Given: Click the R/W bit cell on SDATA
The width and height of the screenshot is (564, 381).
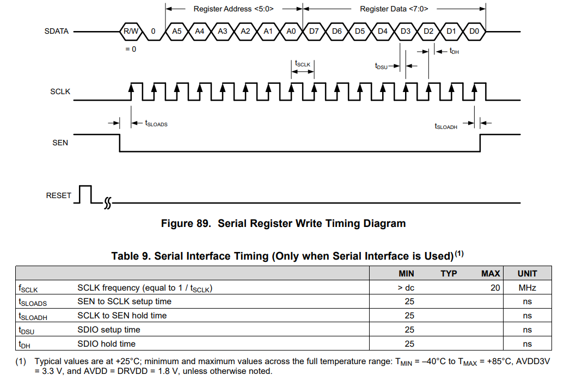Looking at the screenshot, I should [131, 31].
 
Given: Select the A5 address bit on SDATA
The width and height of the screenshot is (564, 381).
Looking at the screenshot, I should [176, 31].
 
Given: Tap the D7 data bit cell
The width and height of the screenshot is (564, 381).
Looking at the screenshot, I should [314, 31].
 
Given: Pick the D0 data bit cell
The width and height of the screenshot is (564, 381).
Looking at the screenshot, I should [474, 31].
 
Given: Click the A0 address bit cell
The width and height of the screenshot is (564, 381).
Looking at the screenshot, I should [291, 31].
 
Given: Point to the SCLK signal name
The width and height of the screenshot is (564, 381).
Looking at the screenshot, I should [60, 92].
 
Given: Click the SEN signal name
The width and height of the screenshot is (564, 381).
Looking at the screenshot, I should [60, 143].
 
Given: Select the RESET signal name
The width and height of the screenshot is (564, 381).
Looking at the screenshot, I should [59, 195].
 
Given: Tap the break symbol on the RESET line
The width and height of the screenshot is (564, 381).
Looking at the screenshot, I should [107, 204].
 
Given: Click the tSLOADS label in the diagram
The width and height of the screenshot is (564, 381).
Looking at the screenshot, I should [156, 124].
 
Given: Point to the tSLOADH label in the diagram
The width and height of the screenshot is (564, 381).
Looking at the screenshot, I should [446, 126].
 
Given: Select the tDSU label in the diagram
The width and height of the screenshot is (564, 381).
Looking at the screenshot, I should [381, 66].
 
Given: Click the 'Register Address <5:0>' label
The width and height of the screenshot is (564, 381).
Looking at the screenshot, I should [234, 9].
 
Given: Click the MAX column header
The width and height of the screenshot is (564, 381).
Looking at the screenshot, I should [491, 273].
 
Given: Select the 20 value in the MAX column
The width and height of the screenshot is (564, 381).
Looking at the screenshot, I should [495, 287].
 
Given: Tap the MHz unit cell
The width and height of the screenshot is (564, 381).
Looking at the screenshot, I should [527, 287].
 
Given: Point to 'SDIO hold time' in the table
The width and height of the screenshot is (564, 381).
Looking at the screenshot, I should [106, 343].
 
